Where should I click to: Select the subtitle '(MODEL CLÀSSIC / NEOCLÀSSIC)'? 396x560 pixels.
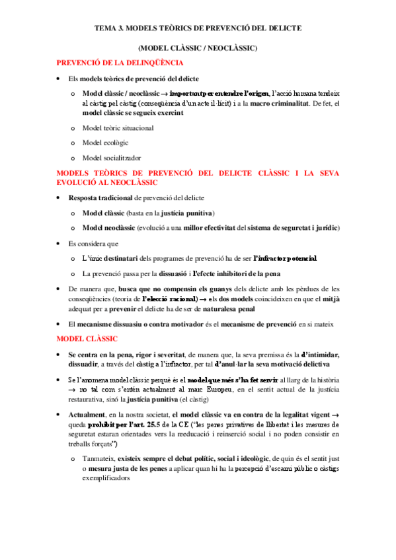[198, 48]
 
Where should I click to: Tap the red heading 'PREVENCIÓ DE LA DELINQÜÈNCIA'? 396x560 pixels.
[119, 63]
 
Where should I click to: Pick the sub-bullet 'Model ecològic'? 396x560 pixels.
[105, 143]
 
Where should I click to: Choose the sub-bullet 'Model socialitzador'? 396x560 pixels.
[112, 158]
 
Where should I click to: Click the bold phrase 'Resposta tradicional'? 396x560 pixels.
[100, 197]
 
